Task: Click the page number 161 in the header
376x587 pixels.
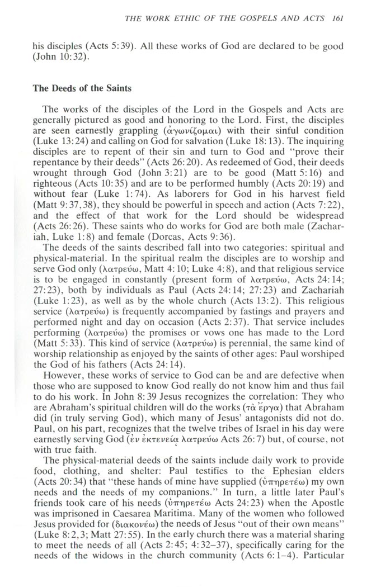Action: click(x=337, y=18)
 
